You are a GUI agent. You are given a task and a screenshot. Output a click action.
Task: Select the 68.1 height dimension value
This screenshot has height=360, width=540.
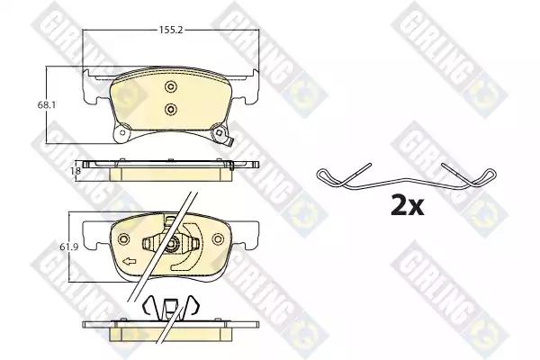pyautogui.click(x=47, y=104)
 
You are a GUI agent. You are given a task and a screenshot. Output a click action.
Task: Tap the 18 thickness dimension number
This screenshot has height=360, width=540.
pyautogui.click(x=77, y=170)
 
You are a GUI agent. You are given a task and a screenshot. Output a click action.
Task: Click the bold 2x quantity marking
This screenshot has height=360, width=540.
pyautogui.click(x=408, y=205)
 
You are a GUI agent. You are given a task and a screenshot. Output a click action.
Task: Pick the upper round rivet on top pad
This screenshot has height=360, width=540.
pyautogui.click(x=170, y=86)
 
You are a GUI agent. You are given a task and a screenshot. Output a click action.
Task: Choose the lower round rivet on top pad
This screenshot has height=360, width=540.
pyautogui.click(x=170, y=109)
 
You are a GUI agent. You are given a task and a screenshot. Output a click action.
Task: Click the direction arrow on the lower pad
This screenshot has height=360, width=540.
pyautogui.click(x=130, y=262)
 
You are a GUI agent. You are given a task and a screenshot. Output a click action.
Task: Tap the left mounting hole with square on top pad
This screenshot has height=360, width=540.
pyautogui.click(x=121, y=132)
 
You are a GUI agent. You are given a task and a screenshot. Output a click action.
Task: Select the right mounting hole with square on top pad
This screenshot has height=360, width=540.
pyautogui.click(x=219, y=132)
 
